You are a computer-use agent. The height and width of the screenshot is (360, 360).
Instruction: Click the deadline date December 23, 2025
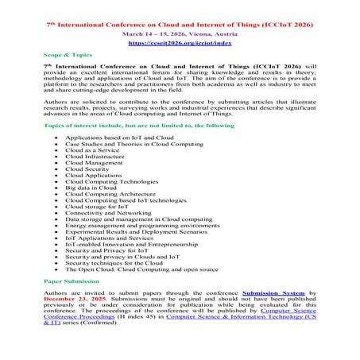[68, 303]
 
